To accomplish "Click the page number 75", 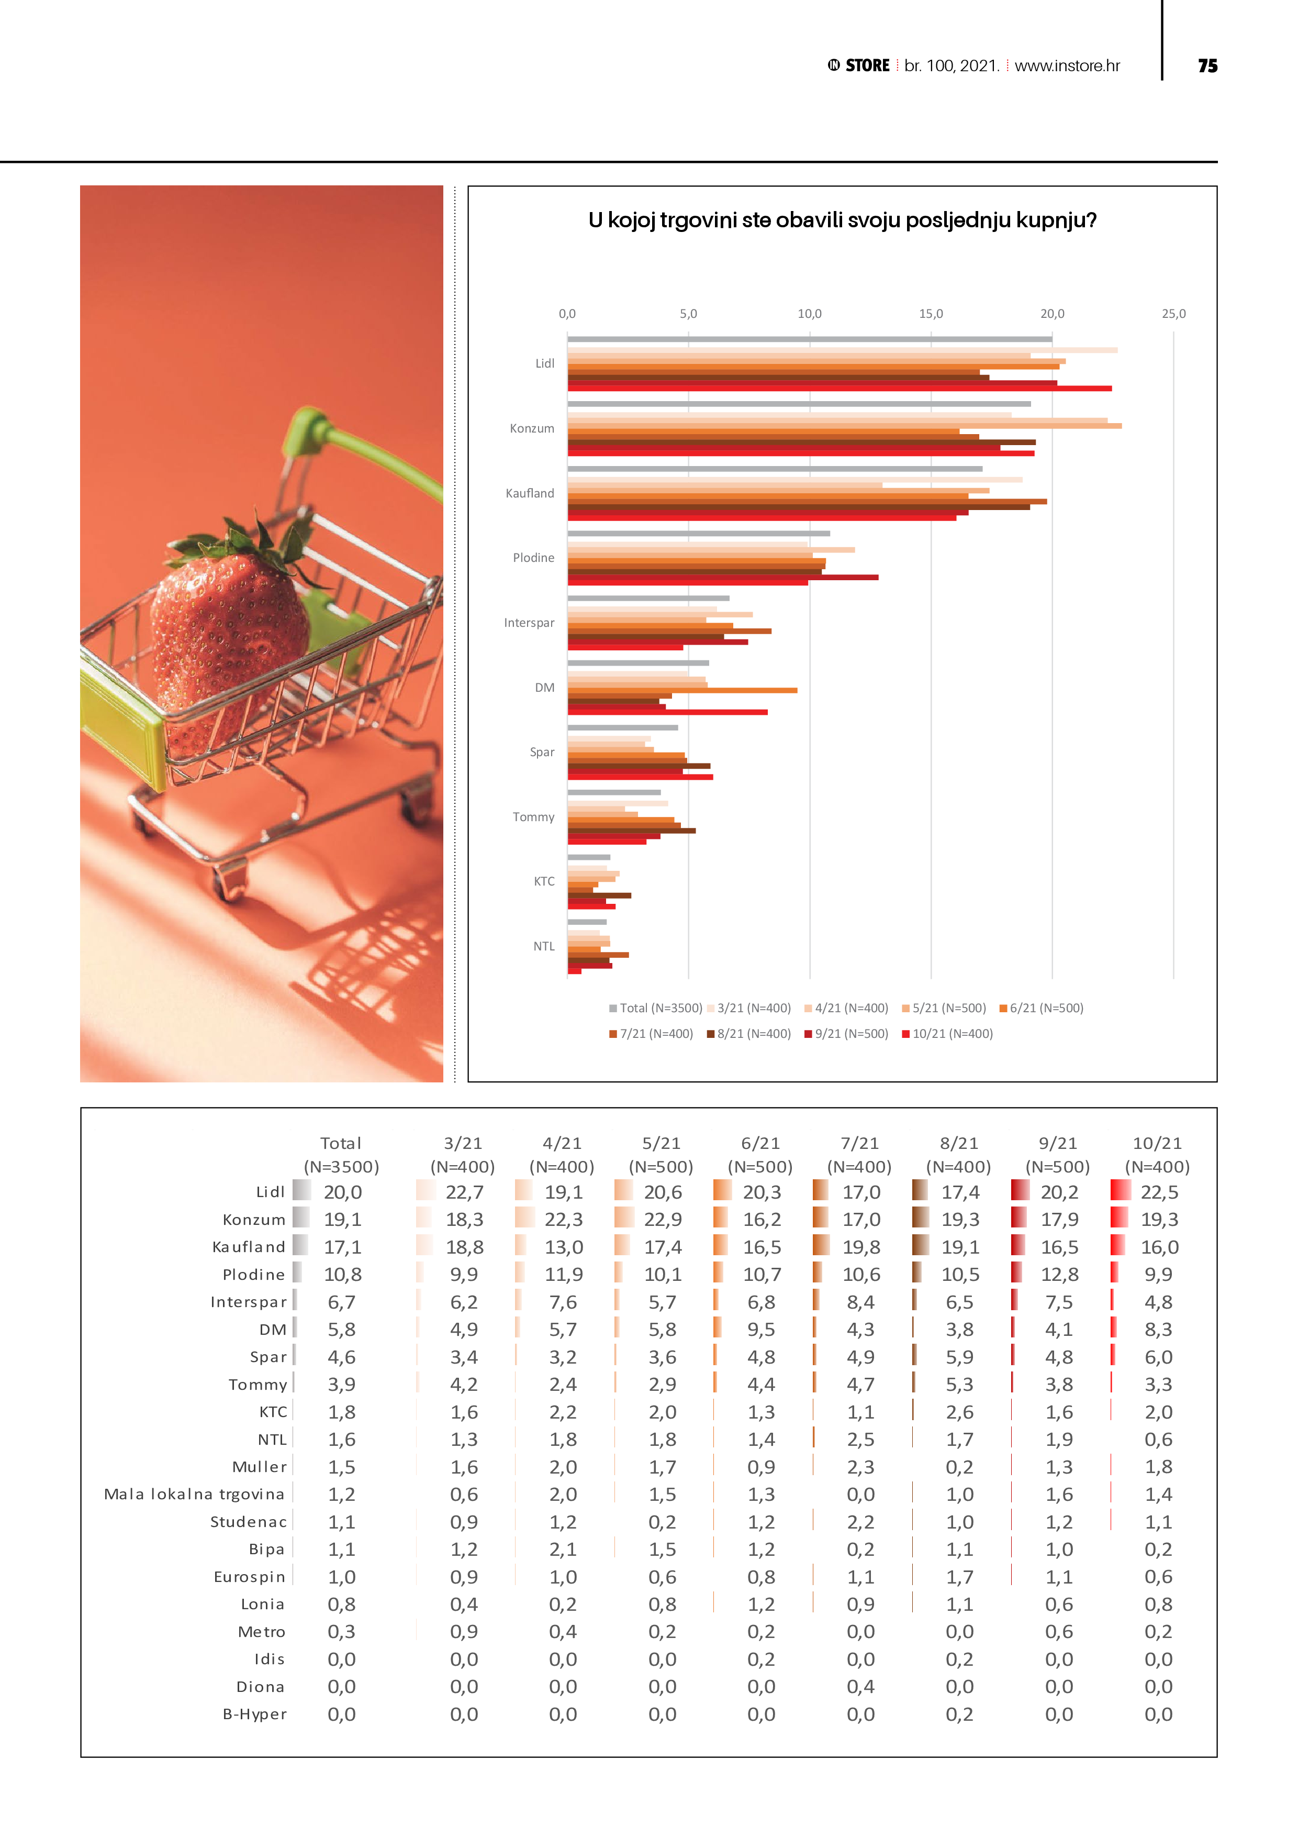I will point(1207,67).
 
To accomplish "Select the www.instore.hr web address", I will point(1067,67).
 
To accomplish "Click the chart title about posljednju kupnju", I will point(842,220).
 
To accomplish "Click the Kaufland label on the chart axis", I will point(530,494).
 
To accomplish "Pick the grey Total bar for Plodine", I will point(698,533).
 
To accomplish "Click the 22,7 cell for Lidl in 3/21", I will point(464,1193).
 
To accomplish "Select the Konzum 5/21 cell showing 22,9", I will point(662,1220).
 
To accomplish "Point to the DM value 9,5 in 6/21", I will point(760,1330).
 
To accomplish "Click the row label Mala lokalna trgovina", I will point(194,1495).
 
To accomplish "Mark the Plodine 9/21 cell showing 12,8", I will point(1059,1275).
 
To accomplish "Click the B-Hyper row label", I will point(254,1714).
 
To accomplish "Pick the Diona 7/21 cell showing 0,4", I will point(860,1687).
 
